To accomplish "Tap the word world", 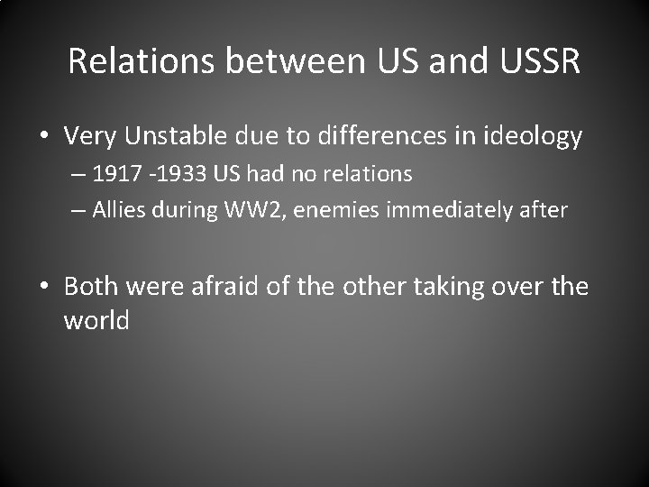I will click(96, 320).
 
